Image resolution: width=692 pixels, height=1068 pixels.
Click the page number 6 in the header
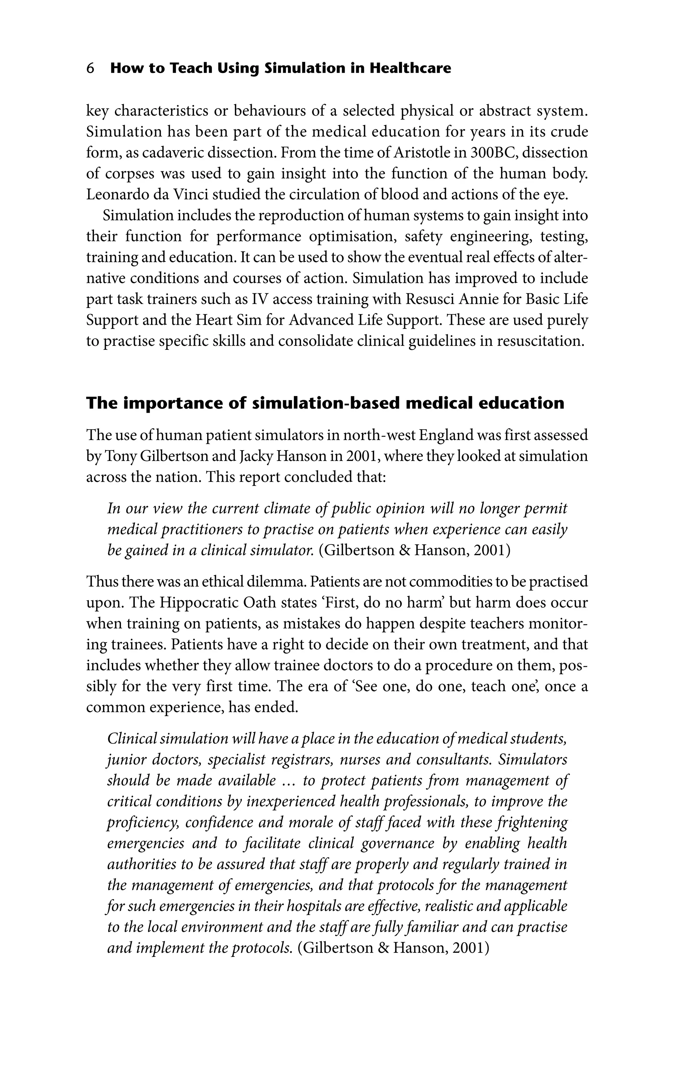90,68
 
